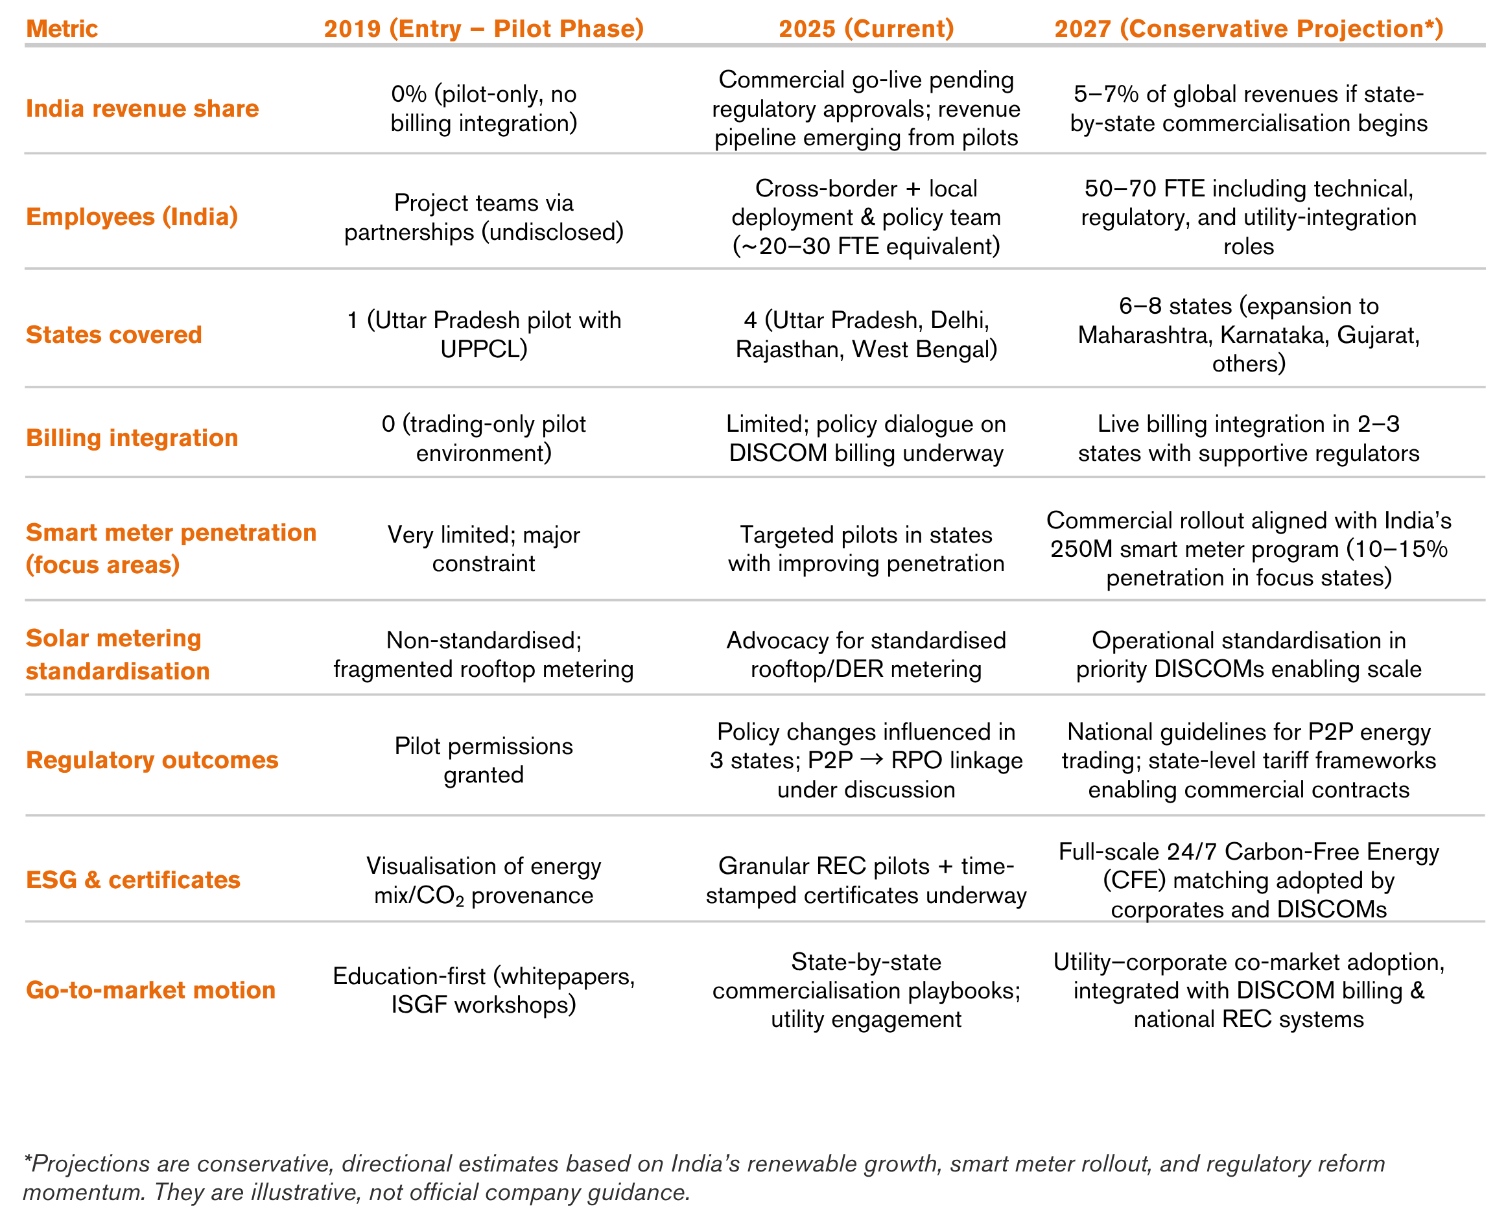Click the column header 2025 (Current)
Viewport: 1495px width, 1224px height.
tap(866, 29)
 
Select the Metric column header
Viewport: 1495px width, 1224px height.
tap(62, 29)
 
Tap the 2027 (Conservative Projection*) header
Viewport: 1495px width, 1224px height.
tap(1248, 29)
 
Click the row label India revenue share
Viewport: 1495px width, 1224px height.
tap(143, 108)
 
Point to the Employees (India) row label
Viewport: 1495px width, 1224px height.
tap(132, 217)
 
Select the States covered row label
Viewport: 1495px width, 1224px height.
tap(114, 335)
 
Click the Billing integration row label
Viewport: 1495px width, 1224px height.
tap(132, 438)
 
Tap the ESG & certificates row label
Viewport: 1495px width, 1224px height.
tap(134, 880)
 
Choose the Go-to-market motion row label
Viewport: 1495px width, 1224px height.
tap(151, 990)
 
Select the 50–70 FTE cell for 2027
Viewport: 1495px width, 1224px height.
tap(1248, 217)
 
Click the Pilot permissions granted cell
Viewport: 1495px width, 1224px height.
tap(484, 760)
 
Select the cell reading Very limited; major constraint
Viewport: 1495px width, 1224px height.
tap(484, 548)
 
